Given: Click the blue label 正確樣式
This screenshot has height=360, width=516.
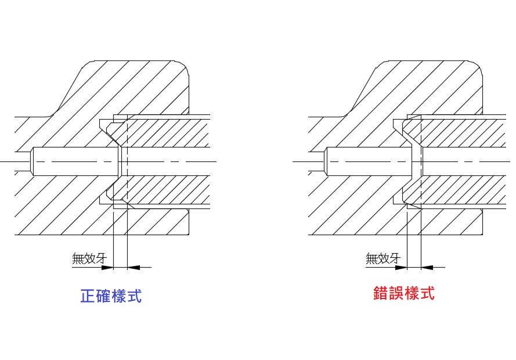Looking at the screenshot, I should coord(110,296).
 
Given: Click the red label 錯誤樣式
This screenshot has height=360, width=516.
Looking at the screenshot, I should coord(404,293).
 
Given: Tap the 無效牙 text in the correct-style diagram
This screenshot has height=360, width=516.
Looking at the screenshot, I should coord(89,258).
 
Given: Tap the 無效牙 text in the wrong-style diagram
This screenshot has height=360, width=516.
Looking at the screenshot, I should coord(383,258).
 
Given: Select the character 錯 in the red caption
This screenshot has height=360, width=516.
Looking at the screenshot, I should coord(381,293).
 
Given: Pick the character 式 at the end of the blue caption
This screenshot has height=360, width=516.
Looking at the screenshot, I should coord(134,296).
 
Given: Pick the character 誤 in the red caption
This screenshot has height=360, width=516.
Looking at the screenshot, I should coord(396,293).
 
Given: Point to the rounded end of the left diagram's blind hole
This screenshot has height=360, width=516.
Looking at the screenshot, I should coord(34,161).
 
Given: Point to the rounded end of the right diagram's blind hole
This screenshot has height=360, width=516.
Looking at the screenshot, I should coord(327,161).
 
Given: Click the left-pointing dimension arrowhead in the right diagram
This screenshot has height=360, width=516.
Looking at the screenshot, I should coord(426,267).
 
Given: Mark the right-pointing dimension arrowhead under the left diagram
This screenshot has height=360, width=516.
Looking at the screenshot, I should coord(107,267).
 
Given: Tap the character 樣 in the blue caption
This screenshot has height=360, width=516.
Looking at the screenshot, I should coord(118,296).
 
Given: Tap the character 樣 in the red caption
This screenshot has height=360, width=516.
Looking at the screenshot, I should coord(412,293).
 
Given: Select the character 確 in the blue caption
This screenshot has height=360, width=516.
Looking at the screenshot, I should coord(103,296).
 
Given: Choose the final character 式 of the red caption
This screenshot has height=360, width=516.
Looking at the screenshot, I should coord(427,293).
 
